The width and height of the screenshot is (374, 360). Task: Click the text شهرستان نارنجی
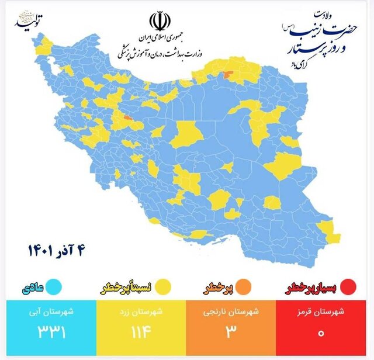[232, 311]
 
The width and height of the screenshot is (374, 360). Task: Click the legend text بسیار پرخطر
[312, 288]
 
